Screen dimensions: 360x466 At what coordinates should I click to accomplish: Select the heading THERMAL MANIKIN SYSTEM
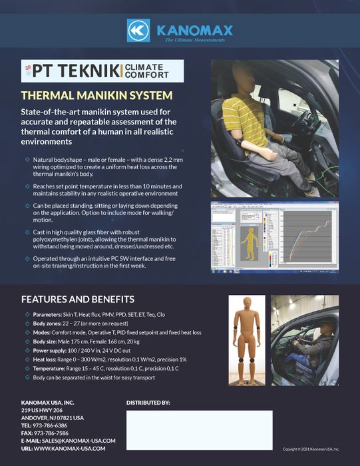[x=97, y=95]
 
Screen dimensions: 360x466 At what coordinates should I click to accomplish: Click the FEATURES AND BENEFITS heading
[x=78, y=299]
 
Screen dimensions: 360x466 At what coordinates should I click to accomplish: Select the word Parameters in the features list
[x=49, y=314]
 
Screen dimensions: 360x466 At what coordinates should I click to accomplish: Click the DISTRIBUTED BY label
[x=148, y=403]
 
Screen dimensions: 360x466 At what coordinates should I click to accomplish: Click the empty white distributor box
[x=199, y=429]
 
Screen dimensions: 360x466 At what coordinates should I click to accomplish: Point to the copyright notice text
[x=311, y=449]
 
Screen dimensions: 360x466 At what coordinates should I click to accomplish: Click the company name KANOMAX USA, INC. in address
[x=47, y=403]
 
